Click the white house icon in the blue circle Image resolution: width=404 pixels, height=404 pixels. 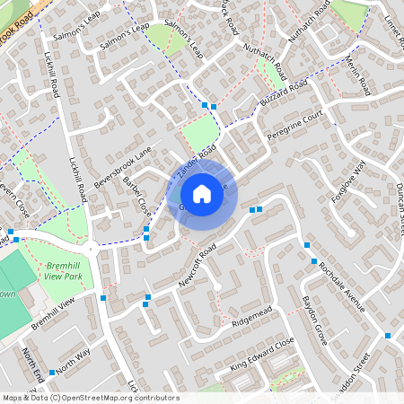pyautogui.click(x=202, y=194)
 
